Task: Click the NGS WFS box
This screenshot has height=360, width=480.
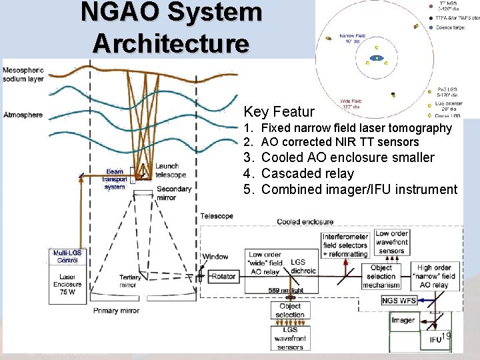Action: [399, 301]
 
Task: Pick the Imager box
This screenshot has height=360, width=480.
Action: [403, 320]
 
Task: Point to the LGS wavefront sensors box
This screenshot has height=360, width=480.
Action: [289, 338]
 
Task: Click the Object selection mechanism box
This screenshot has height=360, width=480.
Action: [381, 276]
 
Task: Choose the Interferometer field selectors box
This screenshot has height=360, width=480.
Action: [345, 245]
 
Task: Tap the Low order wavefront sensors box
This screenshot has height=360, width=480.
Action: [391, 243]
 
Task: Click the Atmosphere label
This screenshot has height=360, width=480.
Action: [23, 115]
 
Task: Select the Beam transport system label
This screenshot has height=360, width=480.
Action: [114, 179]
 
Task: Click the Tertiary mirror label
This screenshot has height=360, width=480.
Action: [129, 279]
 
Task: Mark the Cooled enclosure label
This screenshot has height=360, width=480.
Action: [305, 221]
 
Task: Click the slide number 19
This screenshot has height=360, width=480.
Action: [446, 336]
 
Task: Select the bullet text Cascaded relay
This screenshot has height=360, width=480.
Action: [307, 173]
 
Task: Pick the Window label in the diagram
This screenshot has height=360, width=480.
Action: [215, 257]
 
